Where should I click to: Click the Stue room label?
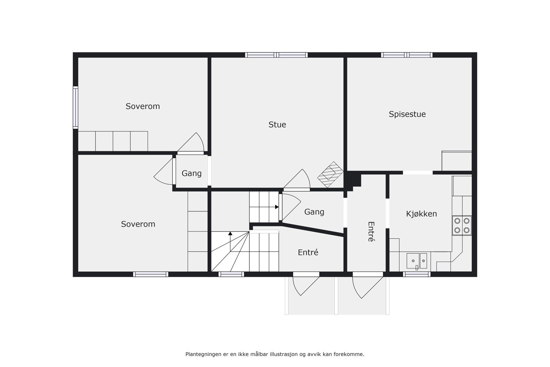pos(277,125)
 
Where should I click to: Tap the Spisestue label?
pos(407,114)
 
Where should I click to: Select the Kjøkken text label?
pos(421,214)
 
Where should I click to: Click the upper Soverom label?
pos(143,106)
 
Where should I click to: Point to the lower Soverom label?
pos(138,224)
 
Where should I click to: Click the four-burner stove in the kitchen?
pos(462,226)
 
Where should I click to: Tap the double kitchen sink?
pos(417,261)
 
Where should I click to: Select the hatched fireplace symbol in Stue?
pos(330,174)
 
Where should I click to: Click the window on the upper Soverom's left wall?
pos(75,107)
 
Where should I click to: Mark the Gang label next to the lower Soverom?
pos(191,173)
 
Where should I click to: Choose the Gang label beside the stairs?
pos(314,212)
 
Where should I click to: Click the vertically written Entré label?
pos(370,231)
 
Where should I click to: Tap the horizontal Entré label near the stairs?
pos(308,252)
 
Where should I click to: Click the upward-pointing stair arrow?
pos(230,234)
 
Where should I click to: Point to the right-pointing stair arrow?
pos(277,207)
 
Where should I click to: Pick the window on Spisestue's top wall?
pos(407,55)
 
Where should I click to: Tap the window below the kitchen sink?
pos(417,274)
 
